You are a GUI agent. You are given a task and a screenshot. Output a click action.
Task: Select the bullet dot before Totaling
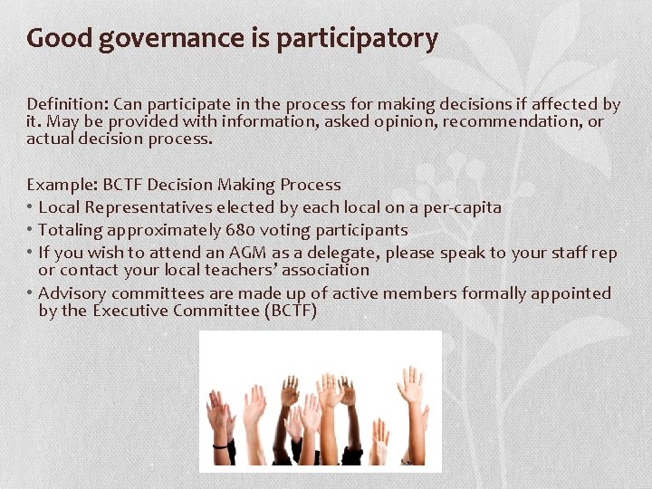point(31,230)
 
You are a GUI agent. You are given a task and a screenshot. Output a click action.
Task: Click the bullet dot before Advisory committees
point(31,293)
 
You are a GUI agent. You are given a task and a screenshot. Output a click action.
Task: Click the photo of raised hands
point(320,401)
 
